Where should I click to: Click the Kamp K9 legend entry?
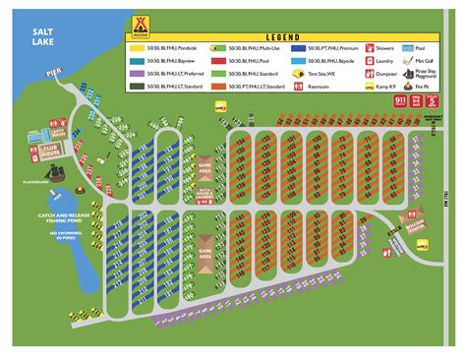pos(379,87)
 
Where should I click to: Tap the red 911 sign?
pos(399,100)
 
